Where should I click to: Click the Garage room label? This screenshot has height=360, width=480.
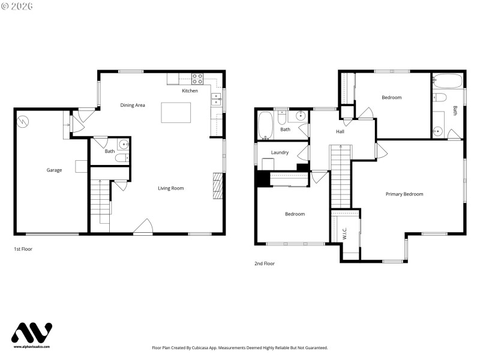[x=54, y=170]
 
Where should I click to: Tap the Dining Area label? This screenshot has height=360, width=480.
[x=133, y=106]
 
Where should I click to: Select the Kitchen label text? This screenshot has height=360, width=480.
[x=190, y=91]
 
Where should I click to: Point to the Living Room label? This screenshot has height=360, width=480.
[x=170, y=188]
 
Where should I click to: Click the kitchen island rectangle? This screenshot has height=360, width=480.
[x=176, y=112]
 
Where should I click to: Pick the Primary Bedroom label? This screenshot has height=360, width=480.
[x=404, y=194]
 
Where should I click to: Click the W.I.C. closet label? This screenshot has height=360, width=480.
[x=345, y=235]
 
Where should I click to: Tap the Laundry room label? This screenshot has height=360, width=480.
[x=280, y=152]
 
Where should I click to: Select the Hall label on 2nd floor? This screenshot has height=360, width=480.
[x=340, y=131]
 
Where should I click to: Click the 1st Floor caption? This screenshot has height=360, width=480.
[x=23, y=248]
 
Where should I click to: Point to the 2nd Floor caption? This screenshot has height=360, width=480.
[x=265, y=263]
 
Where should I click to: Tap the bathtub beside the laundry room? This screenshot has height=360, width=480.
[x=265, y=125]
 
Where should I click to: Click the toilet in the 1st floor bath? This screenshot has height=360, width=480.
[x=122, y=158]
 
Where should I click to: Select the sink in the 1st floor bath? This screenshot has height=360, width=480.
[x=123, y=144]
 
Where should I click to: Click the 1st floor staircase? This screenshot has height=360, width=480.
[x=100, y=200]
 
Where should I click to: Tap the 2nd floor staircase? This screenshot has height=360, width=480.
[x=340, y=177]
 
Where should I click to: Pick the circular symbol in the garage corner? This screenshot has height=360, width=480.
[x=22, y=121]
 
